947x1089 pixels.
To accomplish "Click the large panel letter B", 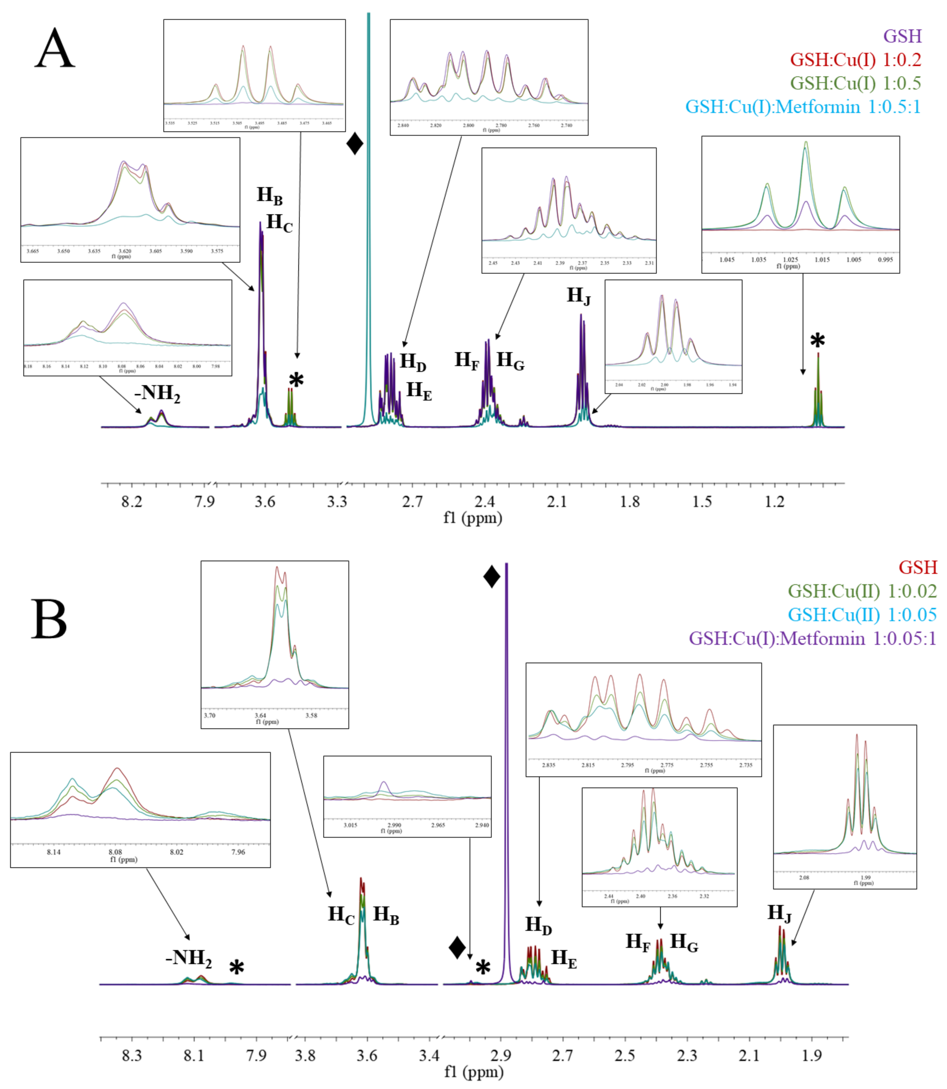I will (49, 619).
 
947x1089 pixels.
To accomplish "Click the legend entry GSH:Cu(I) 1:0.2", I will (856, 60).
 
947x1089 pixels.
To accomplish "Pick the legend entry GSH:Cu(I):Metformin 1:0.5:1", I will (803, 107).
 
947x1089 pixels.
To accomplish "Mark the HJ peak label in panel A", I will (579, 296).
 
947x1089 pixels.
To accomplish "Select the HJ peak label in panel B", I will (779, 913).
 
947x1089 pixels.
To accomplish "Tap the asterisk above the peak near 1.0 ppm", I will (817, 342).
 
